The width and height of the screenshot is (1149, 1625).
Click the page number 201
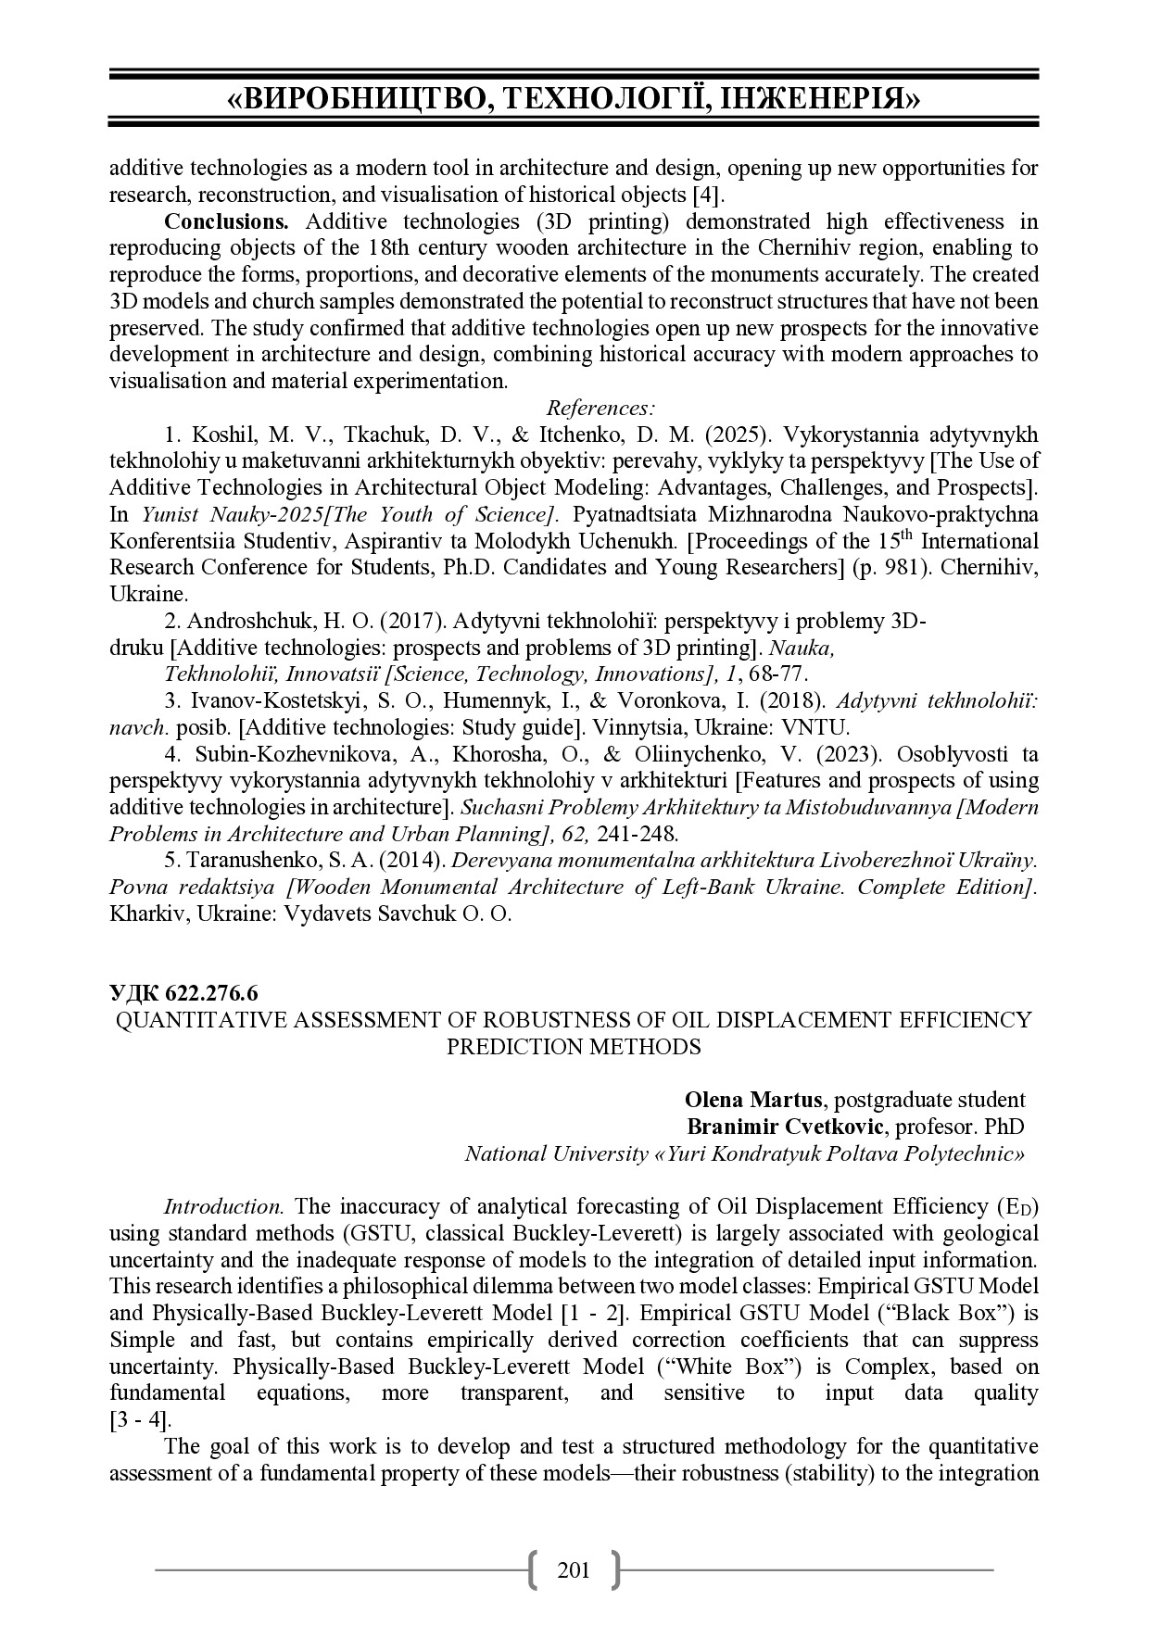coord(574,1569)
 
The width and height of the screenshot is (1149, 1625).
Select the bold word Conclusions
coord(227,221)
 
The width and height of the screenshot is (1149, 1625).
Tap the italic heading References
coord(601,409)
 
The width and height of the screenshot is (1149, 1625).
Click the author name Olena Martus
coord(752,1100)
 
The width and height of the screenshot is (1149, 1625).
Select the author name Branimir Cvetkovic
coord(786,1127)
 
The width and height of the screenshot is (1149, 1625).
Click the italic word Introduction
coord(222,1206)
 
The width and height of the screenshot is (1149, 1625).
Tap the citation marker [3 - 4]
coord(140,1420)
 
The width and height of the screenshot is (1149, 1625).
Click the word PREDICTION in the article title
coord(511,1047)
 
